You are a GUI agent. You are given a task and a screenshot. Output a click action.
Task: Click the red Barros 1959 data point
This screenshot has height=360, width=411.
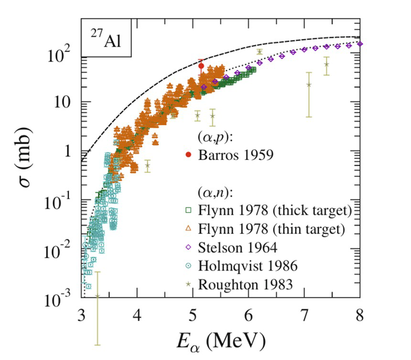201,66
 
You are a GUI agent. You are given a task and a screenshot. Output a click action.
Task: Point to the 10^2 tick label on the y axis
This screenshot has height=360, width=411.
63,56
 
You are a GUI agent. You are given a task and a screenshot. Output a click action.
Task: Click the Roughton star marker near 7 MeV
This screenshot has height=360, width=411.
309,85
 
